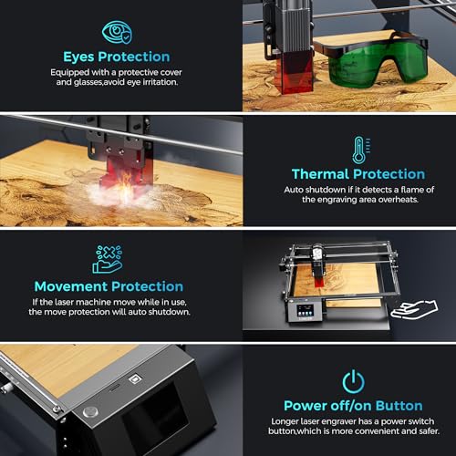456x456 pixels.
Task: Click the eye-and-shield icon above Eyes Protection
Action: [x=116, y=32]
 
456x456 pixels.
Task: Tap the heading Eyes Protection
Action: [x=116, y=56]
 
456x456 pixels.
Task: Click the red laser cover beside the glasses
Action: [x=279, y=70]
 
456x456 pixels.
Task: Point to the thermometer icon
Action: [x=358, y=148]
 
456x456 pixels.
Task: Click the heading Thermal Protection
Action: [x=358, y=173]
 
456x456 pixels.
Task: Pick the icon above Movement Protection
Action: [x=107, y=259]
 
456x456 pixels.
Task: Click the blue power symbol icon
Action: [x=353, y=380]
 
